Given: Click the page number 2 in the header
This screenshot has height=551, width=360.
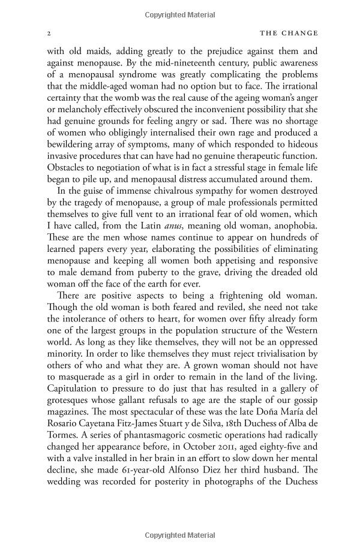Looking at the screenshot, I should (x=48, y=33).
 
